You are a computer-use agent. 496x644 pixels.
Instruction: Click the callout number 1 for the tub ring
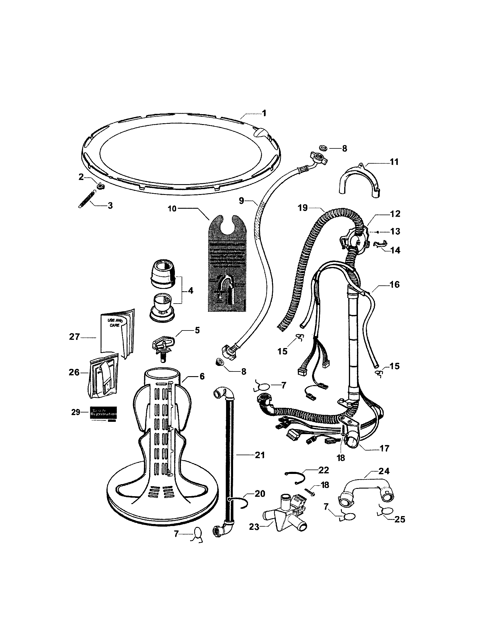pos(264,113)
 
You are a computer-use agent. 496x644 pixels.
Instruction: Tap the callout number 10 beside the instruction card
pos(172,208)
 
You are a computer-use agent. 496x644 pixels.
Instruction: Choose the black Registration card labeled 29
pos(103,413)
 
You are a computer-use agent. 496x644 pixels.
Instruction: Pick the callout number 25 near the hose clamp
pos(400,519)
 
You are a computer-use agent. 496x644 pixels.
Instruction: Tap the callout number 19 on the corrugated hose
pos(302,208)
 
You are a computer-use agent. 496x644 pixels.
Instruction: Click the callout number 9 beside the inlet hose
pos(242,201)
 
